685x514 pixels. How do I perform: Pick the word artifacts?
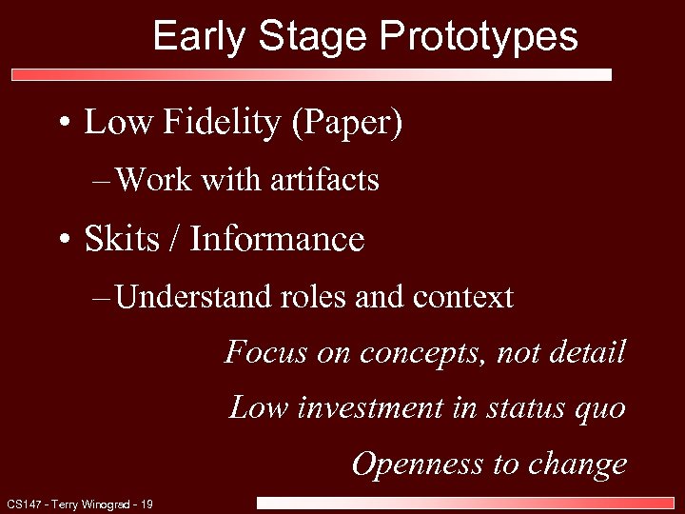pos(323,179)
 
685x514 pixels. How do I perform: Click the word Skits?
pos(119,239)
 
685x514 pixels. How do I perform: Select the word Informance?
pos(277,239)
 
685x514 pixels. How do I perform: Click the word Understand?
pos(192,297)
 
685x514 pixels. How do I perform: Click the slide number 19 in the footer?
pos(147,504)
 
